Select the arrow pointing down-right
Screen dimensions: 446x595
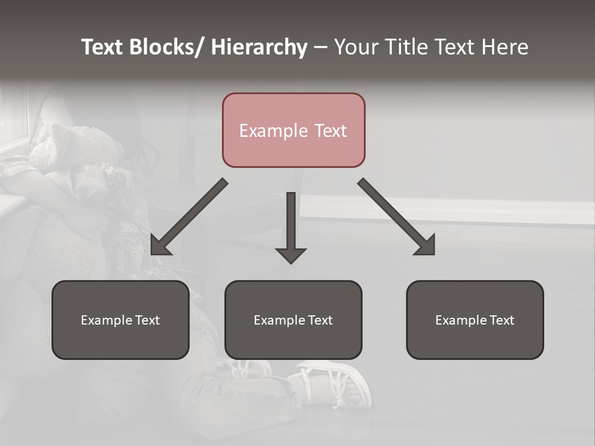393,214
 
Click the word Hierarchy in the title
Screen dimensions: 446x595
258,47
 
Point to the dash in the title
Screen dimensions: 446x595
320,48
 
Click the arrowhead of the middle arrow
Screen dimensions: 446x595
291,254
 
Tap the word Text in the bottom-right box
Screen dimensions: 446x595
501,320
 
